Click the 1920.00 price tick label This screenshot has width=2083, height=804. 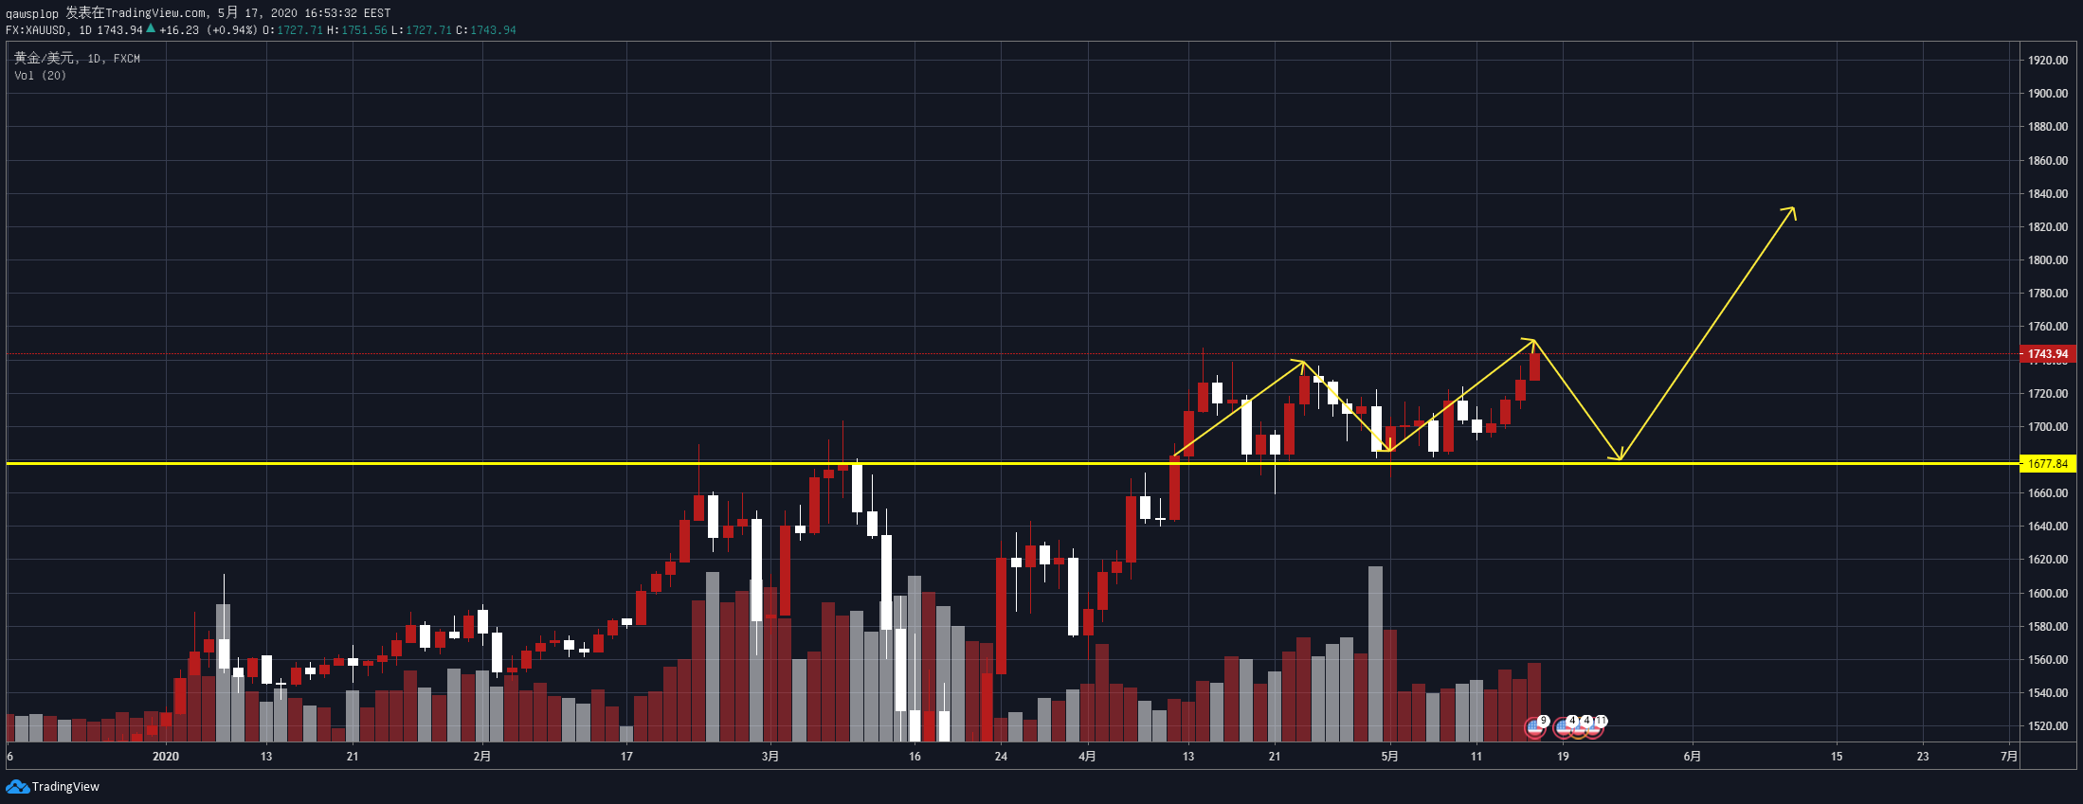pos(2047,60)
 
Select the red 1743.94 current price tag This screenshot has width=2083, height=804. pos(2048,354)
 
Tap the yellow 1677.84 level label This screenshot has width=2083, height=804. pos(2048,464)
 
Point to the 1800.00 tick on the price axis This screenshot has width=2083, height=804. pos(2047,260)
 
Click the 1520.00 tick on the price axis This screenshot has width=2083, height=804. pos(2047,726)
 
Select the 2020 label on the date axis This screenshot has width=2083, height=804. pos(166,757)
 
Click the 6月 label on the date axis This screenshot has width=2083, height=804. pos(1692,757)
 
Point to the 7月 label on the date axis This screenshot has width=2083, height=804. pos(2008,757)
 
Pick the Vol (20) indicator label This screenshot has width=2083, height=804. pos(40,76)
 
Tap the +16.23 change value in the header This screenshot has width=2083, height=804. pos(179,30)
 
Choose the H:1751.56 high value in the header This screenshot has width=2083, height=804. pos(357,30)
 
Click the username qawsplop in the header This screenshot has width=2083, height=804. pos(32,13)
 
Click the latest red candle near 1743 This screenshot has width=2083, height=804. pos(1534,366)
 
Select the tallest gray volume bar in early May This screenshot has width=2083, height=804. pos(1375,653)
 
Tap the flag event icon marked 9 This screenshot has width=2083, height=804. pos(1534,727)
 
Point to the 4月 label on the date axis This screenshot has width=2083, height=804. pos(1087,757)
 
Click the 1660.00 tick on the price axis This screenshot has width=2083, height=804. pos(2047,493)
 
